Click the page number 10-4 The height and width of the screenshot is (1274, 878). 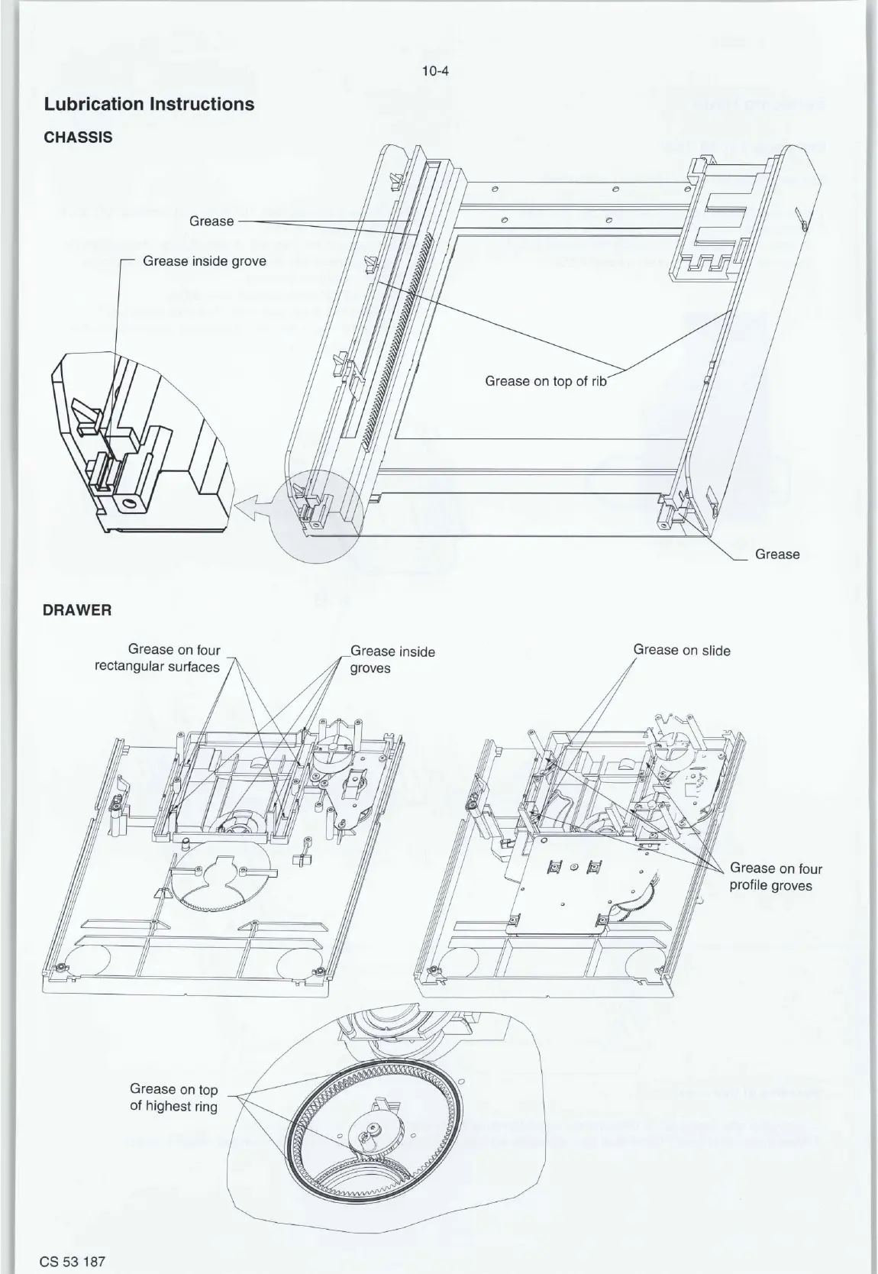(438, 73)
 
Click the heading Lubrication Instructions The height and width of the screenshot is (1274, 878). (149, 104)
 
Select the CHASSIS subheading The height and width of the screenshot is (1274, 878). (78, 137)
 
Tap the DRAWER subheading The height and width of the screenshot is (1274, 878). (78, 610)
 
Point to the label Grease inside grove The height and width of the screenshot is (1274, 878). (207, 261)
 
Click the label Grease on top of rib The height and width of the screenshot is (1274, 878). (545, 380)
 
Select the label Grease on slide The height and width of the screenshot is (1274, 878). (681, 651)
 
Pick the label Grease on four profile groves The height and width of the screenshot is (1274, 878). (776, 877)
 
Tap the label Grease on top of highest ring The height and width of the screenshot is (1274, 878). (173, 1098)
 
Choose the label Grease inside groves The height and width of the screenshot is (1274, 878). (392, 660)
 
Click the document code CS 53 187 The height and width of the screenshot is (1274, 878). (73, 1261)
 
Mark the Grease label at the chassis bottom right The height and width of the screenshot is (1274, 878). (776, 555)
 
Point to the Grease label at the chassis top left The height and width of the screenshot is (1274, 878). (211, 221)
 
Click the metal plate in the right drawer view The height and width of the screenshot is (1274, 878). (580, 878)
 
